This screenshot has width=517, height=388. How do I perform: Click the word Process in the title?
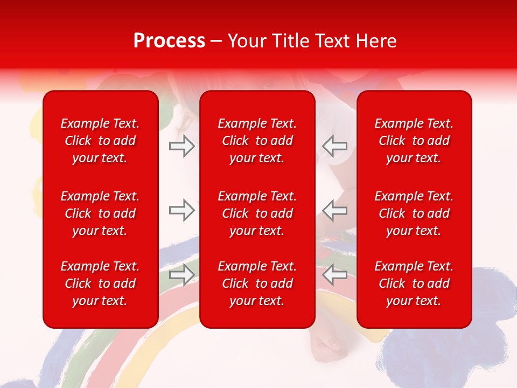click(x=169, y=41)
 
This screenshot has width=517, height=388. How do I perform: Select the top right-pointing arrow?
click(x=182, y=145)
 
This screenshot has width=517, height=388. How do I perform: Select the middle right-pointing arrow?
click(x=182, y=210)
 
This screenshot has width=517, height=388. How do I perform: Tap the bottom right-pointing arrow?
click(x=182, y=275)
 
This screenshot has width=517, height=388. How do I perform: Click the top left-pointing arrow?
click(x=334, y=145)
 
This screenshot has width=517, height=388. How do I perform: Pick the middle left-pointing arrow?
click(x=334, y=210)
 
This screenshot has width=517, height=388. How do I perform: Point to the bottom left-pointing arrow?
click(x=334, y=275)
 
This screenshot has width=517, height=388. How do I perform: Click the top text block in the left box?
click(x=100, y=141)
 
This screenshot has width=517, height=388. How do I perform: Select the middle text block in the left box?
click(x=100, y=213)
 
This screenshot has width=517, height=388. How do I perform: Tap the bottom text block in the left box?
click(x=100, y=283)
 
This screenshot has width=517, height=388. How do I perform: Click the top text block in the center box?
click(x=257, y=141)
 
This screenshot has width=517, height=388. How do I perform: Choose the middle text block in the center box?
click(x=257, y=213)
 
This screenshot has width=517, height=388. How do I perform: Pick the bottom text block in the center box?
click(x=257, y=283)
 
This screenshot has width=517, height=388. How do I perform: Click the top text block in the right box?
click(x=414, y=141)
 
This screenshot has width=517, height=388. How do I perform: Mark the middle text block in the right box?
click(x=414, y=213)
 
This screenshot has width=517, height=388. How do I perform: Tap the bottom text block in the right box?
click(x=414, y=283)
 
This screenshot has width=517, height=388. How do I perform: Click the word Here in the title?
click(x=376, y=41)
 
